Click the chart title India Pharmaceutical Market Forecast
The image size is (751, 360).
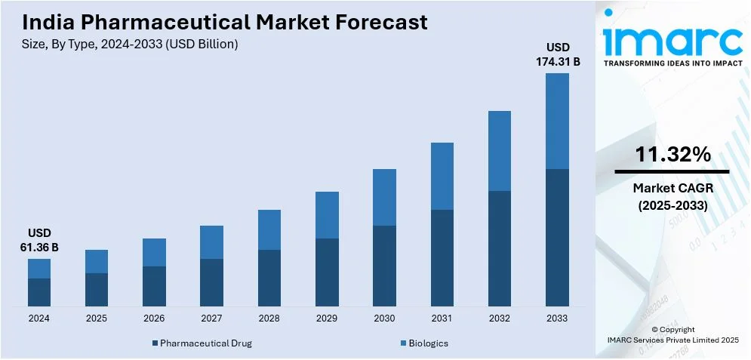tap(225, 22)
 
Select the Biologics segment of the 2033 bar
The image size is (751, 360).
tap(557, 121)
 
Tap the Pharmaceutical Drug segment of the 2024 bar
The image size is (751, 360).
tap(39, 292)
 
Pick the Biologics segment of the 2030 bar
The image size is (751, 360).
tap(385, 197)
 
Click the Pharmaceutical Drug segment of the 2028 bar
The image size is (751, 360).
tap(269, 278)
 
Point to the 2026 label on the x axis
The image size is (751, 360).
tap(154, 318)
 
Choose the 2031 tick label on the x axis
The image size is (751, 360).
tap(442, 318)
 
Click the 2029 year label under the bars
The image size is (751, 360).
tap(327, 318)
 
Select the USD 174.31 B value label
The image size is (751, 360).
tap(558, 54)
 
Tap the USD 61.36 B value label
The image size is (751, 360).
tap(39, 239)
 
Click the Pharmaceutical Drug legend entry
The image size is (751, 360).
tap(202, 343)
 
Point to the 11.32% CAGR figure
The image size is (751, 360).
tap(673, 155)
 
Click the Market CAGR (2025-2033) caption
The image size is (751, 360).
tap(673, 195)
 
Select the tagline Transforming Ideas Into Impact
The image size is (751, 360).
tap(673, 64)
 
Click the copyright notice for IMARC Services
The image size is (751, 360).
tap(673, 334)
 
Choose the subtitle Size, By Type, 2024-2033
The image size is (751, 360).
tap(131, 45)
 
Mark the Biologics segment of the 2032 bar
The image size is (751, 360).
tap(500, 151)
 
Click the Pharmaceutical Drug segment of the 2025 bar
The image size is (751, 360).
tap(97, 290)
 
